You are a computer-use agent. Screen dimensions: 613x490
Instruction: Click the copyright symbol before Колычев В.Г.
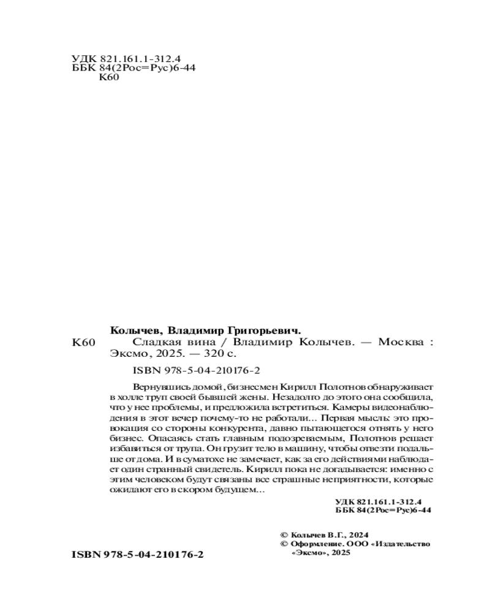click(x=282, y=534)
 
